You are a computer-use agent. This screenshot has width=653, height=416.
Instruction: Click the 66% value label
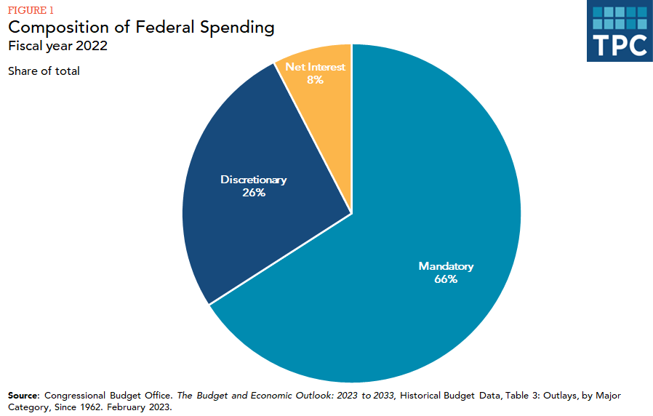tap(446, 279)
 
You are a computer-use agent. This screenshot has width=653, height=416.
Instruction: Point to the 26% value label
tap(254, 193)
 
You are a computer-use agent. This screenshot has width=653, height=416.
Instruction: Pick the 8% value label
tap(315, 80)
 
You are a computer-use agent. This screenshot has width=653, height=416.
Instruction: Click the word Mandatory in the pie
tap(446, 266)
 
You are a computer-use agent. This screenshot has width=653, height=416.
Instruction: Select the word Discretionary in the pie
tap(254, 180)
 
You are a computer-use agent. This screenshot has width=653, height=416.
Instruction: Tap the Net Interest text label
tap(315, 67)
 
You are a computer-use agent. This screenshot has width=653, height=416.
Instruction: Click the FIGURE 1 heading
tap(31, 10)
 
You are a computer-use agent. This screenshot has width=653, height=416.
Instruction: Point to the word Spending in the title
tap(239, 28)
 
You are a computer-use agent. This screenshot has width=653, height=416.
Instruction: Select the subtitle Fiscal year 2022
tap(58, 47)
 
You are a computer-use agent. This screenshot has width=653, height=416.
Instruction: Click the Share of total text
tap(44, 71)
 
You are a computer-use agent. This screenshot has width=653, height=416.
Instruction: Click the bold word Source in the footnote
tap(24, 395)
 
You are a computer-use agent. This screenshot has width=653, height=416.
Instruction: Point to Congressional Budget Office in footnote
tap(108, 395)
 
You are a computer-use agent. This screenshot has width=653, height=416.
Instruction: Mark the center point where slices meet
tap(352, 214)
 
